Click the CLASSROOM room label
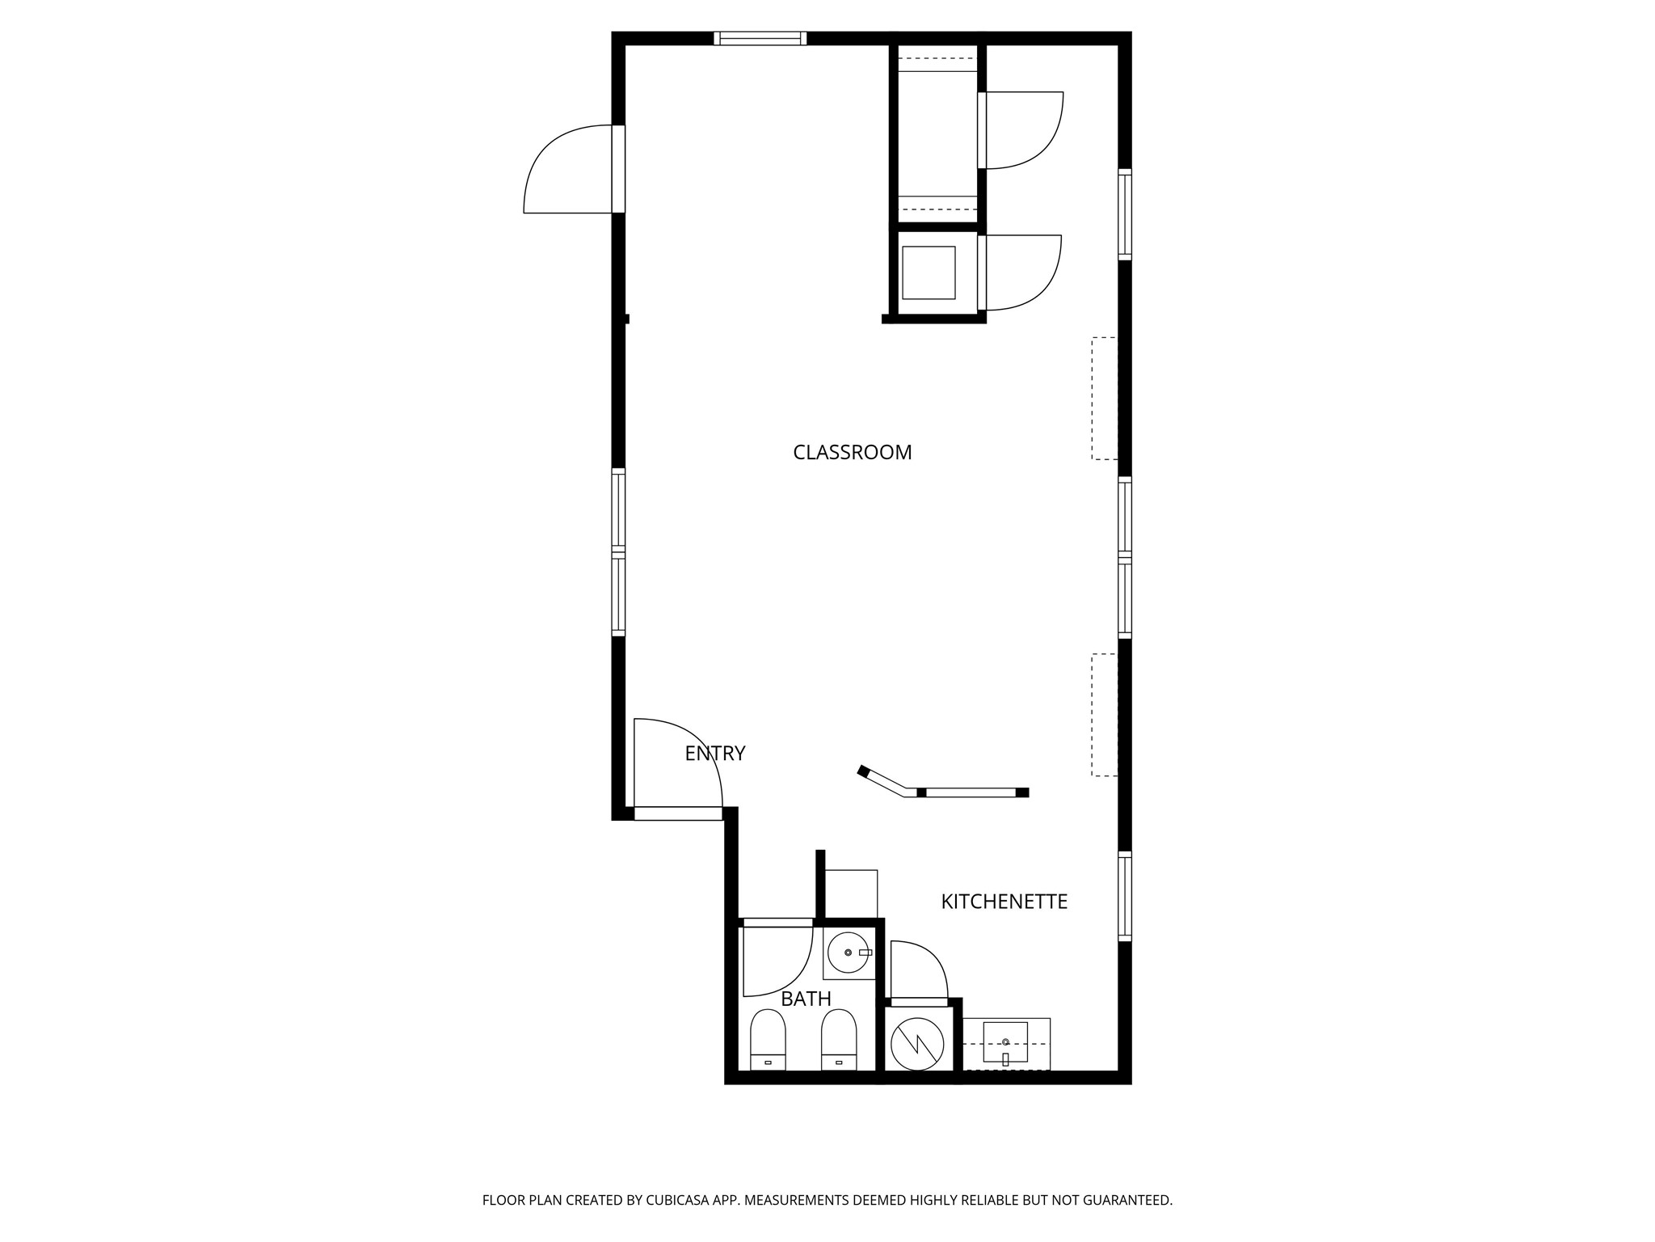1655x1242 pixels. click(852, 453)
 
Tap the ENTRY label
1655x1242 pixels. click(714, 754)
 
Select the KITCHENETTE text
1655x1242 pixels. click(1004, 902)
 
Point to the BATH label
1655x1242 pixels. click(806, 999)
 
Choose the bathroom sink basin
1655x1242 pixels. click(848, 953)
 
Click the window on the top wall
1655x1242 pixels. click(760, 38)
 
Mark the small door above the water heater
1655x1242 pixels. click(918, 970)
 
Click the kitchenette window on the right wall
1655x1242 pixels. click(1124, 896)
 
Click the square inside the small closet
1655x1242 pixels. click(928, 273)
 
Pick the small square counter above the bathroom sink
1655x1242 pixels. click(851, 893)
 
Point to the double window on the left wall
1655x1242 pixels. click(618, 552)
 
